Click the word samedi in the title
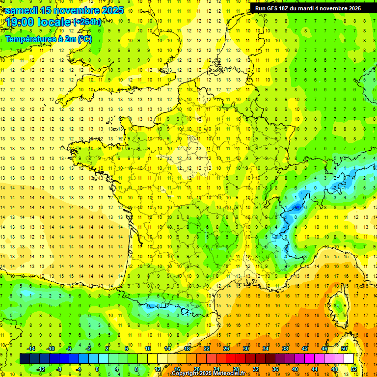click(x=20, y=10)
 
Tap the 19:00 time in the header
click(x=21, y=22)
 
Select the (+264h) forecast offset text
click(x=88, y=22)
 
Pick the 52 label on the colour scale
click(x=354, y=369)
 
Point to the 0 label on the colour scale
click(x=97, y=369)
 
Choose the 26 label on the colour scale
click(x=226, y=349)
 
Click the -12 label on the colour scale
click(x=41, y=369)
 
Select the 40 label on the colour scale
click(x=295, y=369)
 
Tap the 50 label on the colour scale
click(x=344, y=349)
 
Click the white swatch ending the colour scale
click(x=349, y=359)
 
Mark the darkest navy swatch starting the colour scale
click(x=25, y=359)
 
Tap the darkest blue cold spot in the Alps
click(x=296, y=207)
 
